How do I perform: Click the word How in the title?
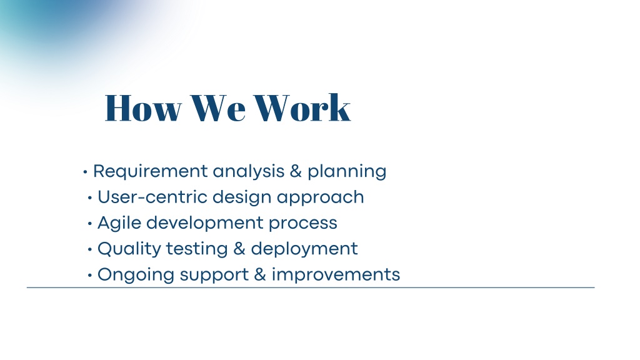pyautogui.click(x=143, y=107)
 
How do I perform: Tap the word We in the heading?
pyautogui.click(x=218, y=107)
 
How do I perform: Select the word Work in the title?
pyautogui.click(x=302, y=107)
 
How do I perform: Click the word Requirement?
pyautogui.click(x=151, y=171)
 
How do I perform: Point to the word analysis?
pyautogui.click(x=249, y=171)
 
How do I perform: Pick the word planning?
pyautogui.click(x=347, y=171)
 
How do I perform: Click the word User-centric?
pyautogui.click(x=152, y=197)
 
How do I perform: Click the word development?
pyautogui.click(x=205, y=223)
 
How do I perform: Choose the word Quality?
pyautogui.click(x=129, y=249)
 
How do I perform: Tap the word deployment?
pyautogui.click(x=304, y=249)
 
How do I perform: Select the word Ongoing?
pyautogui.click(x=136, y=275)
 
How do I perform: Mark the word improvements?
pyautogui.click(x=336, y=274)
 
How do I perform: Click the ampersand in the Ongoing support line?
pyautogui.click(x=260, y=275)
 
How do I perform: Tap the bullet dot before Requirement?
pyautogui.click(x=85, y=172)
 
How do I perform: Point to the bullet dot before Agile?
pyautogui.click(x=90, y=224)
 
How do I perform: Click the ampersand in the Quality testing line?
pyautogui.click(x=239, y=249)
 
